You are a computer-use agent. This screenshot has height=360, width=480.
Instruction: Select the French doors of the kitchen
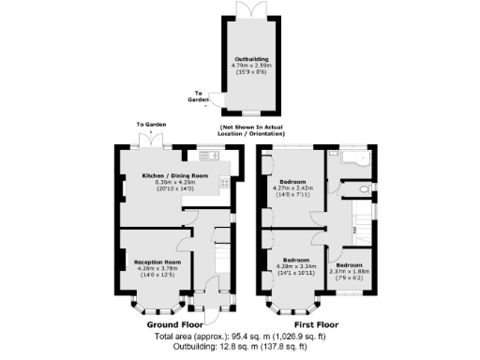pos(146,140)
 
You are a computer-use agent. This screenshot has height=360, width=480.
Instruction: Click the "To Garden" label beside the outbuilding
pos(200,96)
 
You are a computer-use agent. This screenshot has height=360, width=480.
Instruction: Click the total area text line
pos(240,335)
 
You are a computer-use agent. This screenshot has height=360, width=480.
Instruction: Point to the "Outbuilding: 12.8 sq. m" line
pos(240,346)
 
